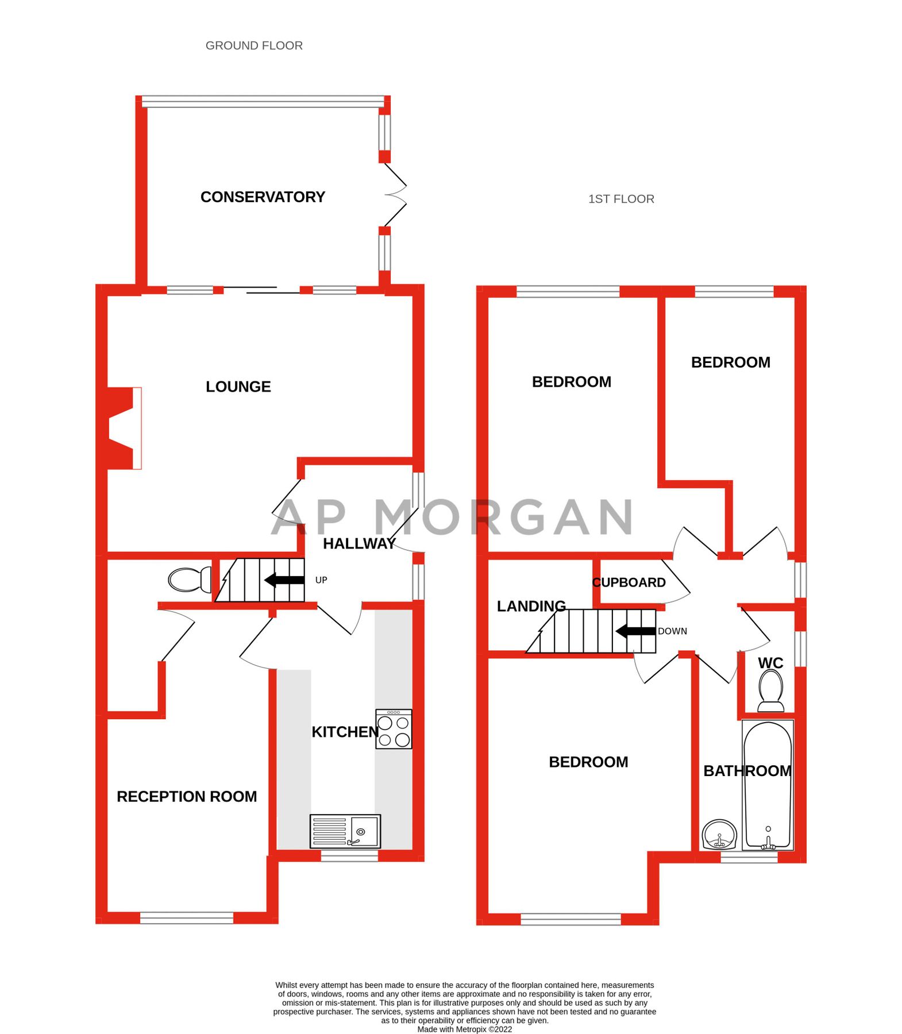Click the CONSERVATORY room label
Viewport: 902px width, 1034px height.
point(263,197)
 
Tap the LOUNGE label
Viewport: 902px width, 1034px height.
point(238,387)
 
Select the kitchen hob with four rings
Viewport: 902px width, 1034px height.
point(394,729)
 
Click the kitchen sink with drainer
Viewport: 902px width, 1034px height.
point(345,831)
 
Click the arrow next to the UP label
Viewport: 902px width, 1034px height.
point(284,580)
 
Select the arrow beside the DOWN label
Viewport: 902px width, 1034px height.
point(635,631)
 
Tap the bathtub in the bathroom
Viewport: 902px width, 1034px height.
point(768,784)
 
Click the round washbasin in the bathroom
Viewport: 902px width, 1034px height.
point(719,834)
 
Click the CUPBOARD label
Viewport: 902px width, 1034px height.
point(629,582)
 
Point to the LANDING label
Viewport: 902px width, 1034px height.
point(531,606)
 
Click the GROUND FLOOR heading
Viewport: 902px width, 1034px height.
point(254,45)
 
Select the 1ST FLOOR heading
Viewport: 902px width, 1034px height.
point(621,199)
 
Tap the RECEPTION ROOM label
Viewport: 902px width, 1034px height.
point(187,796)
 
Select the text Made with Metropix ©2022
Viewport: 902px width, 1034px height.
point(464,1029)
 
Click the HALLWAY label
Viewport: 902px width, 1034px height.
point(359,543)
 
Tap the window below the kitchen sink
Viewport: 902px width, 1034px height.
point(349,856)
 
